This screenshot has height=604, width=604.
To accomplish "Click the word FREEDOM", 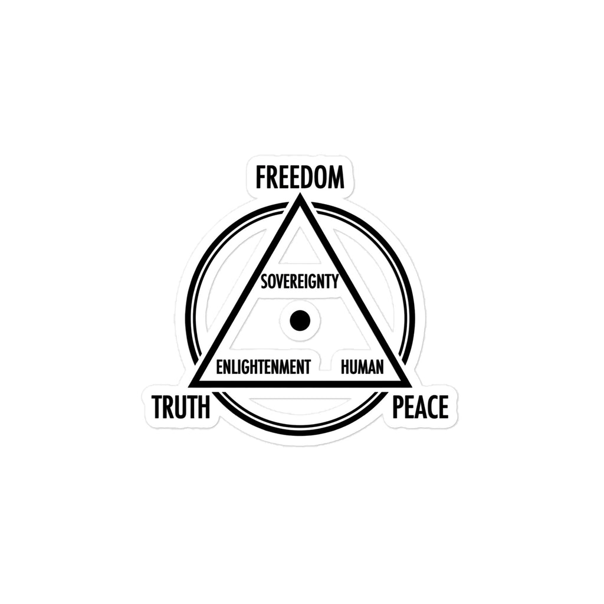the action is coord(300,177).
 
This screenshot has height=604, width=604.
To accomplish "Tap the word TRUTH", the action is coord(181,407).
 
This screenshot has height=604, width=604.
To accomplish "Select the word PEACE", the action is coord(420,407).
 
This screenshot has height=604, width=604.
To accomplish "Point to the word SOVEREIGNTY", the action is coord(300,281).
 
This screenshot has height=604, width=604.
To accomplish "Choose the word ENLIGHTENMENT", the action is coord(263,367).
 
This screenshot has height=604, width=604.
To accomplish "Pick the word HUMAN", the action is coord(362,367).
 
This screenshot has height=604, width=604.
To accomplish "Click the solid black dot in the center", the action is coord(300,320).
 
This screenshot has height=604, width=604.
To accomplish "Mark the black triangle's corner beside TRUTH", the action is coord(189,386).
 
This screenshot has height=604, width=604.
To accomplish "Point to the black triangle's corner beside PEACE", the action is coord(411,386).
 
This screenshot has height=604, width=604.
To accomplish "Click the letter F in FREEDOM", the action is coord(261,177).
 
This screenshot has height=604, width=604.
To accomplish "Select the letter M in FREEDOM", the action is coord(335,177).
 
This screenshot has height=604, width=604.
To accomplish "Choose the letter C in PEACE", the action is coord(431,407).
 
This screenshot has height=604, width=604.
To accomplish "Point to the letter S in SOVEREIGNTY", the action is coord(264,281).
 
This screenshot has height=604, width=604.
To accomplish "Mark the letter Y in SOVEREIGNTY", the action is coord(336,281).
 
